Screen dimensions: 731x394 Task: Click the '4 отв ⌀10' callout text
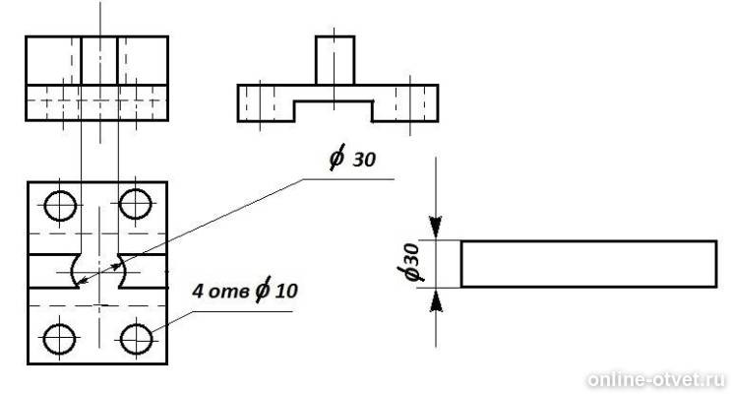[245, 291]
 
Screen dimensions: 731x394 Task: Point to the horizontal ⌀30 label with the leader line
[352, 158]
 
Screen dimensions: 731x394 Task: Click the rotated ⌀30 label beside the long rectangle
[410, 264]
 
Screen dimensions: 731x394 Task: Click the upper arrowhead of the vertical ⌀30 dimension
[436, 229]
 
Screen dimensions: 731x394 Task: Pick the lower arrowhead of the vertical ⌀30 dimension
[436, 299]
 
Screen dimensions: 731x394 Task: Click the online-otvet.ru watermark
[657, 379]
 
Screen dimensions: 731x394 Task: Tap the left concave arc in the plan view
[74, 271]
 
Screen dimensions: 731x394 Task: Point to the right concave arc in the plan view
[122, 271]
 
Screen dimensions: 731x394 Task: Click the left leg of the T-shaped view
[266, 103]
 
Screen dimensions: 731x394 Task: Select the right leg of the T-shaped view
[405, 103]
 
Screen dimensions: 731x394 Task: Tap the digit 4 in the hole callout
[198, 292]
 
